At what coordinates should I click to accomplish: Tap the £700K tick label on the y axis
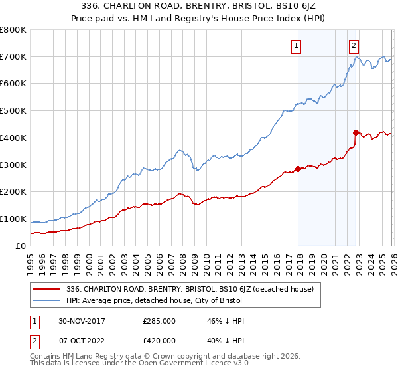(13, 57)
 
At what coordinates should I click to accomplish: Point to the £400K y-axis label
(13, 138)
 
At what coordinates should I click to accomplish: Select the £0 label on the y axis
(20, 246)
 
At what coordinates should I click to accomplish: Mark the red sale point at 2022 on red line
(356, 132)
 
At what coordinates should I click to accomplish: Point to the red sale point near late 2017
(298, 169)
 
